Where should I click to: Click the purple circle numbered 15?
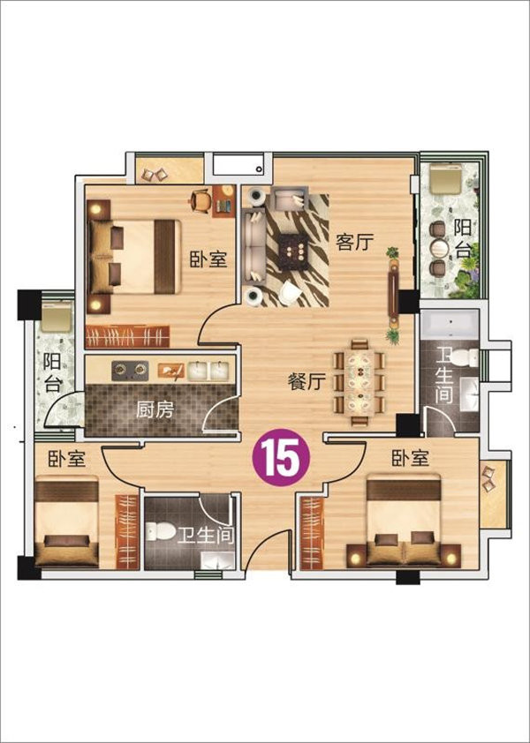281,457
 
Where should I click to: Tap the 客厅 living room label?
354,243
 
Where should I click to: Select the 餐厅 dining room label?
307,381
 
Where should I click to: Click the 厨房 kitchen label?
155,409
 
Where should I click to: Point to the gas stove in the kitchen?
130,370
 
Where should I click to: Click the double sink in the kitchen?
208,371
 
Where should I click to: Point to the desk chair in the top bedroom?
201,201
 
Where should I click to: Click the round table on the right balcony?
439,248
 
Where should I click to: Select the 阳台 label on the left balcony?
52,373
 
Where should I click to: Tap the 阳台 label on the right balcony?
462,238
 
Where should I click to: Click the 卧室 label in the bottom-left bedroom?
67,459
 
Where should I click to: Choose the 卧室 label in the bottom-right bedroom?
411,458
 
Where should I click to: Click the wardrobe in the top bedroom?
127,336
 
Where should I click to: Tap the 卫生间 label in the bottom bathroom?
207,536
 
